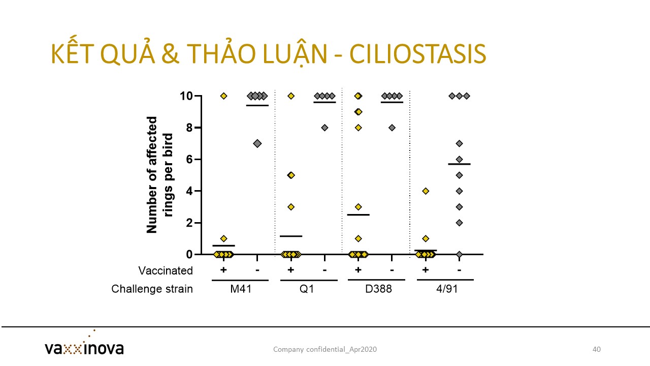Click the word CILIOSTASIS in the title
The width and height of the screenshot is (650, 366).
[417, 54]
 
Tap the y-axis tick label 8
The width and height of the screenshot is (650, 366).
[189, 128]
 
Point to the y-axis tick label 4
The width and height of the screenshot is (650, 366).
[189, 191]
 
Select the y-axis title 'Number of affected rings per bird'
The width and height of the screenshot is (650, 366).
[159, 175]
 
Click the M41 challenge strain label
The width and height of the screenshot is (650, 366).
[241, 289]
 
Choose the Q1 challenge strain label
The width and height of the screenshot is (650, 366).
[307, 289]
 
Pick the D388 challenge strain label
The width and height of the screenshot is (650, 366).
[378, 289]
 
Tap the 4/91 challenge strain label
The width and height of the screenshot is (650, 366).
[447, 289]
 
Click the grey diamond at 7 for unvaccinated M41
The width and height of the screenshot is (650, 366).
[257, 143]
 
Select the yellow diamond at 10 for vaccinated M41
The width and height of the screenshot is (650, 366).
[224, 96]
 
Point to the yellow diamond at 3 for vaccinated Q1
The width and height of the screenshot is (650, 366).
[291, 207]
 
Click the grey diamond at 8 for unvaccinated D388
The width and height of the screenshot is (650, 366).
[392, 128]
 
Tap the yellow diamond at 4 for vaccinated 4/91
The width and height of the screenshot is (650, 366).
[426, 191]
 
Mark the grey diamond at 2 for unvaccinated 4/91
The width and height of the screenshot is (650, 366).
[460, 223]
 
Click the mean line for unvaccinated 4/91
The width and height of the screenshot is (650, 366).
[460, 164]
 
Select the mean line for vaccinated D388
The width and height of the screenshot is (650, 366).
[359, 215]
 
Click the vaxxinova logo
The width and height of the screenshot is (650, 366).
[84, 344]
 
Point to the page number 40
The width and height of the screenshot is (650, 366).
[597, 349]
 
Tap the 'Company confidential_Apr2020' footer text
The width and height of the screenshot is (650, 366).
[325, 349]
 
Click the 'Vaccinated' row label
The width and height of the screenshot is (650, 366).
[166, 271]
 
